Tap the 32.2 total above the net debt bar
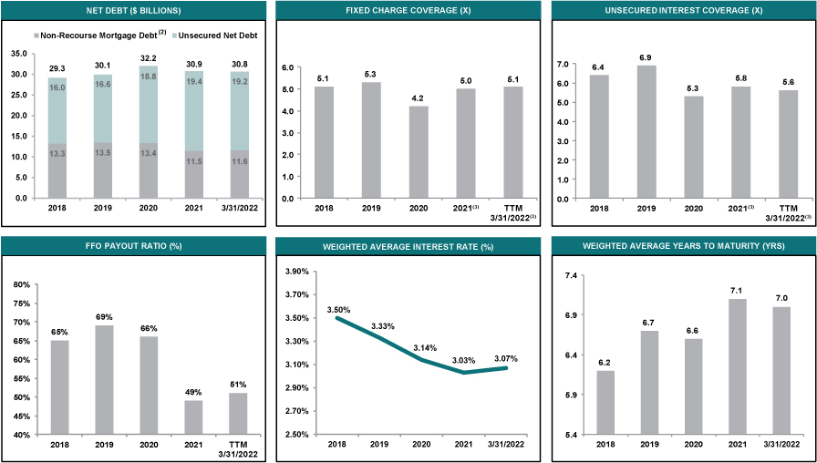[x=150, y=58]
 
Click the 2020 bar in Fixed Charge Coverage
[x=419, y=152]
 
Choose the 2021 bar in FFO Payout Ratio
[x=193, y=417]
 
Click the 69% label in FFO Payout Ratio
[x=105, y=316]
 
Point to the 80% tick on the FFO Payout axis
[x=25, y=285]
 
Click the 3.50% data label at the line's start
[x=338, y=310]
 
